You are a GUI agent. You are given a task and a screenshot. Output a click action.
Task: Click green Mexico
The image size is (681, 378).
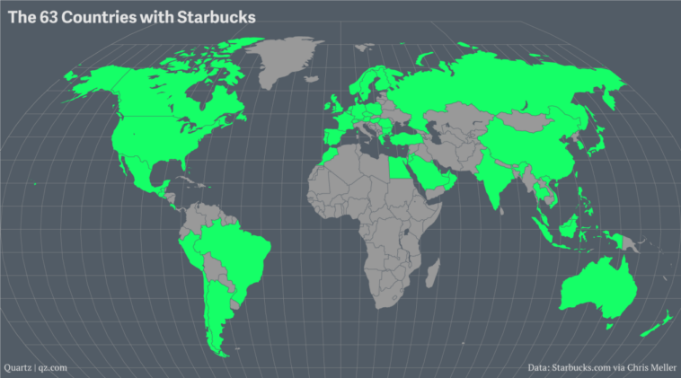[135, 175]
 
